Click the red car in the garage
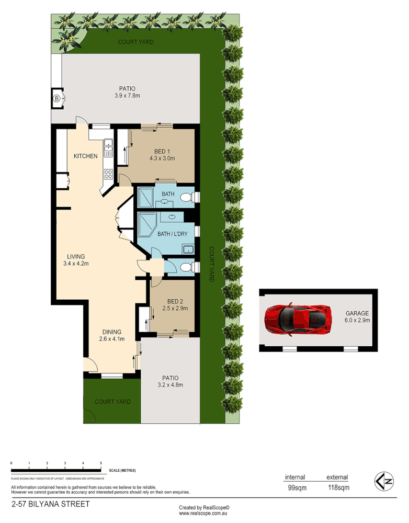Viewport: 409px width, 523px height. point(298,319)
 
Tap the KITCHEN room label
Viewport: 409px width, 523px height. point(85,156)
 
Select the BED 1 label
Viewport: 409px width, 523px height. point(161,152)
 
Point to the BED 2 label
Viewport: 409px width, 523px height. point(175,301)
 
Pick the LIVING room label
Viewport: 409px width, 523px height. point(76,256)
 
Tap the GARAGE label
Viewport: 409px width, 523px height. point(357,313)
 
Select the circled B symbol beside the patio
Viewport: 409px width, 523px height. point(56,98)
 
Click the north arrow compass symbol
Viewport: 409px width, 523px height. point(384,481)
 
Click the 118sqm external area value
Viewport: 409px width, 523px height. point(337,488)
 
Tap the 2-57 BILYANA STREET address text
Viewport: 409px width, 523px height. point(50,504)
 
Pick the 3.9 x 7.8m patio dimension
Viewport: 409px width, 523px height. point(127,96)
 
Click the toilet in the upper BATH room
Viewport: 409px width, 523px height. point(187,197)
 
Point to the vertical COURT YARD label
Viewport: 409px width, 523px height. point(211,264)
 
